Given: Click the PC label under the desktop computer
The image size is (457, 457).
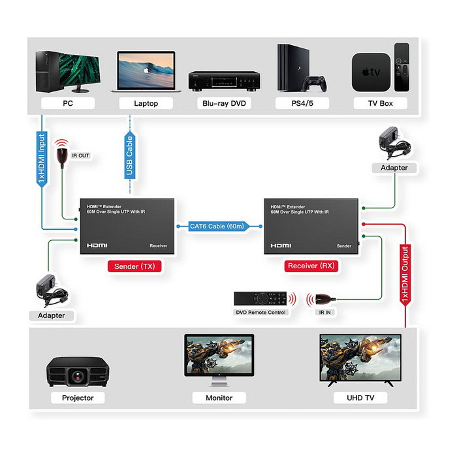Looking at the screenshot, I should point(68,103).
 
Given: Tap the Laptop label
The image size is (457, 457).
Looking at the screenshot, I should point(146,103).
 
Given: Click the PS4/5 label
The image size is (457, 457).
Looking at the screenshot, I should point(302,103).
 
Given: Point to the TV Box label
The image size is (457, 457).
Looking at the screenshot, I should point(380,103).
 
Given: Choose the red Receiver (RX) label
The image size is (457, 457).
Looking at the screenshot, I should point(311,266).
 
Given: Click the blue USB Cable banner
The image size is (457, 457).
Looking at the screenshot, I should point(130,156).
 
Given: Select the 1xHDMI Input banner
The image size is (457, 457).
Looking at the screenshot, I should point(42,160).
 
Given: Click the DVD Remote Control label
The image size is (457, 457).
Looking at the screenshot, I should point(260,313).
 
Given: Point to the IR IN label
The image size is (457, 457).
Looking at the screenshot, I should point(324,313).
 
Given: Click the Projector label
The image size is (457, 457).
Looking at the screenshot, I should point(78,398).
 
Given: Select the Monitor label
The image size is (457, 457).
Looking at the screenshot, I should point(219,398).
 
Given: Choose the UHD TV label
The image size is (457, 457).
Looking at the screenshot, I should point(360,398).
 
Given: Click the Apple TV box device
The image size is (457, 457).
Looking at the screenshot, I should point(371,72).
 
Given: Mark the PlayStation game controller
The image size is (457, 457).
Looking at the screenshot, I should point(318,83).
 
